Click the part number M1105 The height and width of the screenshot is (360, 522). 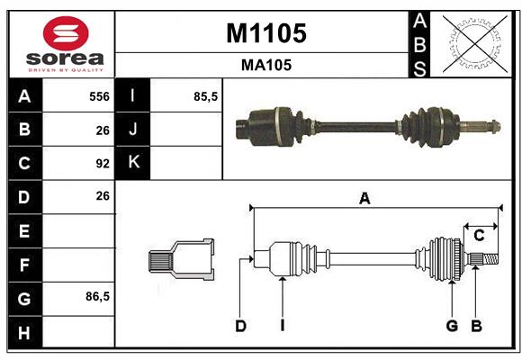point(265,33)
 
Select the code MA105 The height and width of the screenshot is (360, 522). point(265,66)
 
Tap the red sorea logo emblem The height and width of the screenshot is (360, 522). point(66,35)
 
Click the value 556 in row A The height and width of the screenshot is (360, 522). point(98,96)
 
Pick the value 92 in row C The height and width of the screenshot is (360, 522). point(102,164)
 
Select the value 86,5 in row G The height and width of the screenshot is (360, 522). point(97,296)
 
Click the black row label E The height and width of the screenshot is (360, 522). point(24,231)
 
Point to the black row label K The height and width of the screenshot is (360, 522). point(133,163)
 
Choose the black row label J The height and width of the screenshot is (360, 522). point(133,130)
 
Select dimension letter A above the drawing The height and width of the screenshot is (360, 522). point(364,199)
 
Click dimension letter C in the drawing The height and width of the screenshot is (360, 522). point(480,236)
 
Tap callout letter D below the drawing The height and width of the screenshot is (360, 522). point(240,326)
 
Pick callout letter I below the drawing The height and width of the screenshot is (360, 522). point(282,326)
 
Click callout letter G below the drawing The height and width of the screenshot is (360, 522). point(452,326)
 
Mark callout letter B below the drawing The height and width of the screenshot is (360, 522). point(477,326)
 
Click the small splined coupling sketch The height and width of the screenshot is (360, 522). point(181,259)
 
